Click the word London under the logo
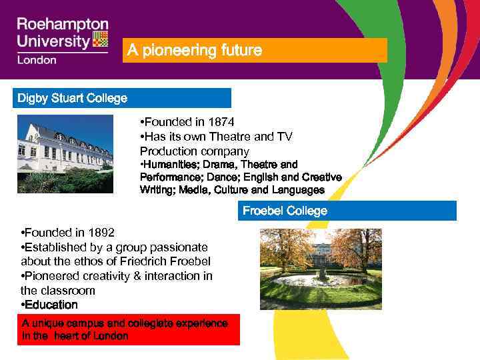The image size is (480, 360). point(37,59)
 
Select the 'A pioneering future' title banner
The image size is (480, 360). point(254,51)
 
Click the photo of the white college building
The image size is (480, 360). point(65,154)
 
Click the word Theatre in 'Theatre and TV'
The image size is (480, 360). point(237,136)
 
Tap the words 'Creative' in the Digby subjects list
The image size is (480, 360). point(319,177)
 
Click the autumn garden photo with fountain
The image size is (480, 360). point(320,269)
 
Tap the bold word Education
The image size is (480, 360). point(52,305)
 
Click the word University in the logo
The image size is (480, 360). point(53,41)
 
